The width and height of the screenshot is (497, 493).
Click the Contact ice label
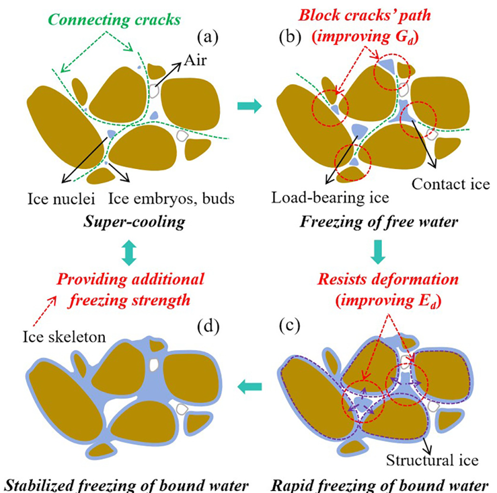[445, 184]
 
